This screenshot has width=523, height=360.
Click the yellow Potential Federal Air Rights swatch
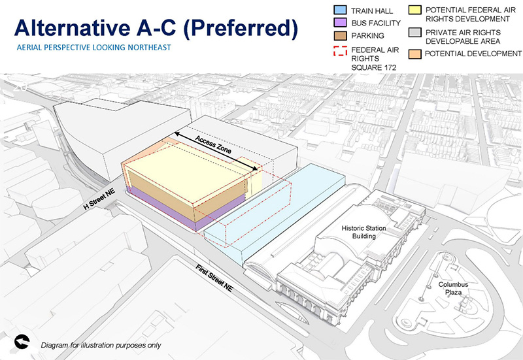click(x=414, y=11)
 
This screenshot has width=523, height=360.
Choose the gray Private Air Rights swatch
click(x=414, y=32)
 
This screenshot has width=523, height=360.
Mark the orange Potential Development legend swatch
click(x=414, y=53)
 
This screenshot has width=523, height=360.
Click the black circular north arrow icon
click(x=22, y=341)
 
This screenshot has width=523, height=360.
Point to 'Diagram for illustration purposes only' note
click(x=101, y=345)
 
